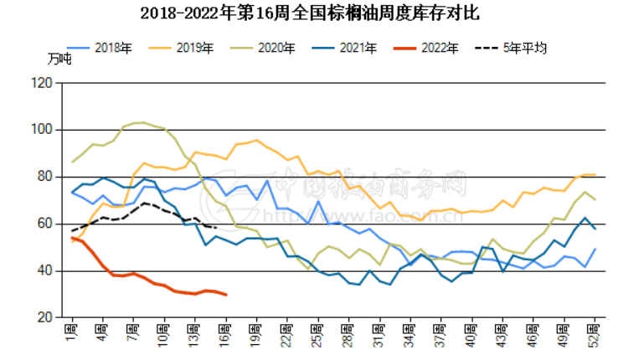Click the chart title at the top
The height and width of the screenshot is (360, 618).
(x=310, y=13)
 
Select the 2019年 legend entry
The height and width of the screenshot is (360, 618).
(x=196, y=48)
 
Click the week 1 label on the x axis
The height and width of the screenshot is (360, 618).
(x=72, y=332)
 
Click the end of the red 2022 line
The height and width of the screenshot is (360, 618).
(x=226, y=295)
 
